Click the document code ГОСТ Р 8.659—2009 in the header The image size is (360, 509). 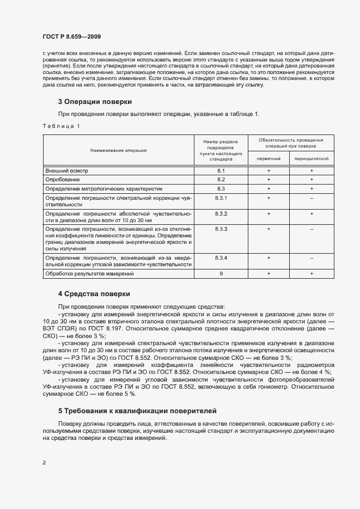[71, 36]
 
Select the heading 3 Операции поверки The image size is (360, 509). [95, 102]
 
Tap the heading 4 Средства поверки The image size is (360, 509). [94, 294]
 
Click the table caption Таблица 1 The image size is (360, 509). [61, 126]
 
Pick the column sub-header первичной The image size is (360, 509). [269, 158]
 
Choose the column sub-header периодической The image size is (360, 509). [311, 158]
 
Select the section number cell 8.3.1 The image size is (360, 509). [221, 197]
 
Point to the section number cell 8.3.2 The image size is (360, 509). [221, 214]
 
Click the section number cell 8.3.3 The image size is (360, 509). [221, 230]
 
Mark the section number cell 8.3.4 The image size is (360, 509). [221, 257]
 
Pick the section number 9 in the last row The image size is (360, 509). [221, 273]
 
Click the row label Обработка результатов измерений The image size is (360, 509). [89, 273]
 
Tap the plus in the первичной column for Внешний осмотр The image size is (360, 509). [269, 171]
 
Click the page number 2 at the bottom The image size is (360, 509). [44, 463]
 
